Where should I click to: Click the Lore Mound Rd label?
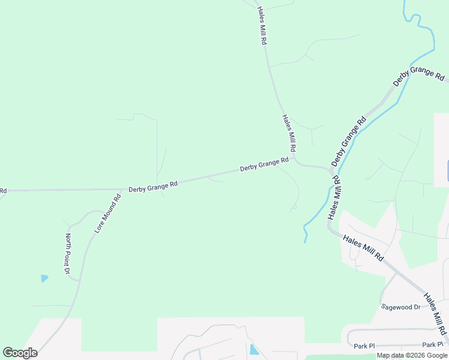pos(108,213)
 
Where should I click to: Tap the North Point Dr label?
pos(68,255)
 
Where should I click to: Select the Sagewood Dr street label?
pos(401,307)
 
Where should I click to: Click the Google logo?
pos(20,353)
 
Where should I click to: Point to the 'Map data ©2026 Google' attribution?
pos(412,356)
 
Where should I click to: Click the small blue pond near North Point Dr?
pos(44,278)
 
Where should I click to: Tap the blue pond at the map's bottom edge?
pos(254,349)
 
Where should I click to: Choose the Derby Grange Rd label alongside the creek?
pos(348,142)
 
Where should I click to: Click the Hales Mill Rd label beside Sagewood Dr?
pos(435,314)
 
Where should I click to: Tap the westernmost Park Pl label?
pos(364,346)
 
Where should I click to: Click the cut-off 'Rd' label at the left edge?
pos(3,191)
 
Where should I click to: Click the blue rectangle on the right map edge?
pos(447,171)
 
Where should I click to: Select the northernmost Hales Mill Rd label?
pos(262,26)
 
